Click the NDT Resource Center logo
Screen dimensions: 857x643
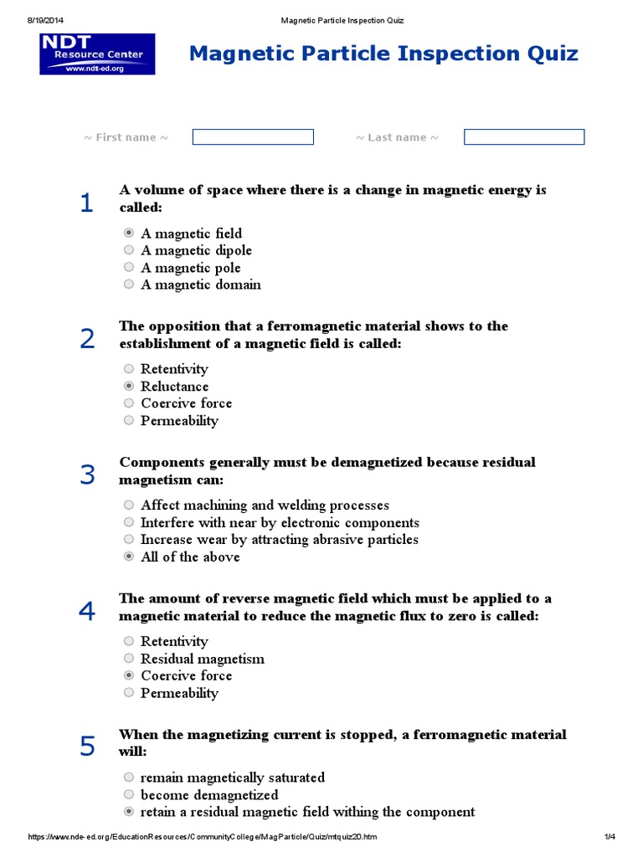[x=97, y=54]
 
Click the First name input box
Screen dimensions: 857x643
[x=253, y=137]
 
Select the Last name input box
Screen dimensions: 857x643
[x=524, y=137]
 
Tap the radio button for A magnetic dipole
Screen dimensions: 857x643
[x=129, y=250]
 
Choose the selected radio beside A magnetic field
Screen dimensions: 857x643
[x=129, y=233]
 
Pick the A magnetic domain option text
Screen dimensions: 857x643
[x=200, y=285]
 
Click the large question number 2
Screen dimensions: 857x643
[x=87, y=339]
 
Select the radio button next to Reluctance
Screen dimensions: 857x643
[x=129, y=387]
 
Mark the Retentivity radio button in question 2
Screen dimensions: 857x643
[x=129, y=369]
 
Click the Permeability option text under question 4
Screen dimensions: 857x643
[x=179, y=693]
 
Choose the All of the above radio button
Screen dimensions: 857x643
[x=129, y=557]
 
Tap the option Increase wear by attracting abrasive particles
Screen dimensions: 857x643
[x=279, y=540]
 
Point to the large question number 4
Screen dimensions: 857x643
[x=87, y=612]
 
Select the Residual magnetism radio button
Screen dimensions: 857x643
[x=129, y=659]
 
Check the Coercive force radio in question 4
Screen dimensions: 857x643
[x=129, y=675]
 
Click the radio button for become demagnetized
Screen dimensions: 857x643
[x=129, y=795]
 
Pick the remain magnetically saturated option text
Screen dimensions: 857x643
[x=232, y=777]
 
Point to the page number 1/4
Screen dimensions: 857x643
[x=609, y=837]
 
